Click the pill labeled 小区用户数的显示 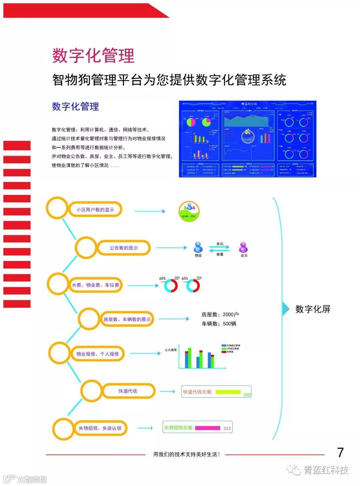(95, 210)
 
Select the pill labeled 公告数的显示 (124, 248)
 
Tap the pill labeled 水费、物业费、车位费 (95, 285)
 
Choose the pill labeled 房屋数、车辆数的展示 (127, 319)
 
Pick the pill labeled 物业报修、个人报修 (98, 354)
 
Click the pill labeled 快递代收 (128, 391)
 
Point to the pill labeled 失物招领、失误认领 (100, 428)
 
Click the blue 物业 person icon (198, 247)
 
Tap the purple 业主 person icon (244, 247)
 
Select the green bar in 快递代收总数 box (228, 392)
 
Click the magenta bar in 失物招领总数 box (208, 428)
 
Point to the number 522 (227, 428)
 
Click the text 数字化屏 (313, 309)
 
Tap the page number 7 (340, 452)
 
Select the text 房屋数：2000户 (220, 314)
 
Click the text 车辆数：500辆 (219, 324)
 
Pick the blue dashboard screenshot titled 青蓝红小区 (247, 139)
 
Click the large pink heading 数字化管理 (93, 55)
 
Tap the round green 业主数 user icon (189, 211)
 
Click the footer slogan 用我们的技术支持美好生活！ (187, 454)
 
